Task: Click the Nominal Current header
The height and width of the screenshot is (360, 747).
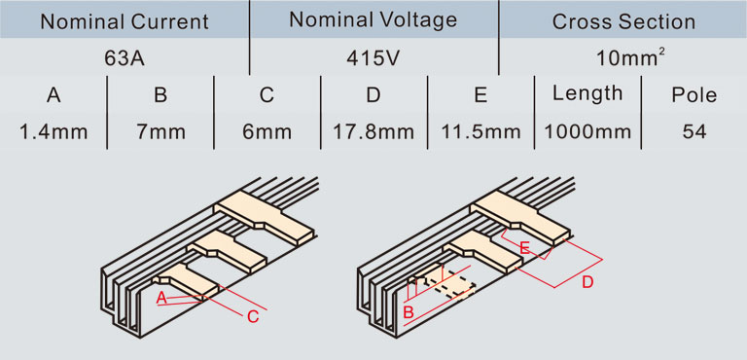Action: [124, 22]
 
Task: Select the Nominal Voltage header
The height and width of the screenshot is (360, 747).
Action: [373, 20]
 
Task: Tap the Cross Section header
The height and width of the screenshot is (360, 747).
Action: [623, 22]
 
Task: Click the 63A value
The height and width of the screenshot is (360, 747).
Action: [124, 58]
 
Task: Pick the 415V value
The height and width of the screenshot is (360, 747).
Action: [373, 58]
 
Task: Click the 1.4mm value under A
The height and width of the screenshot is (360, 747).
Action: [53, 131]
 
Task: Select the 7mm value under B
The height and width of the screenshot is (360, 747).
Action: [160, 131]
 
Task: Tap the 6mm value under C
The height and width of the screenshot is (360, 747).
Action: [267, 131]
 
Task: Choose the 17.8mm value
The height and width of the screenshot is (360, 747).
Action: [373, 131]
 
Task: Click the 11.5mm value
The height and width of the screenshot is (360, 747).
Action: [480, 131]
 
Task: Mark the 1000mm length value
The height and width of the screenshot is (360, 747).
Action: [587, 131]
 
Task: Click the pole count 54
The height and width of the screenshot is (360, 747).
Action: [694, 131]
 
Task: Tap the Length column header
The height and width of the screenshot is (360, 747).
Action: [587, 94]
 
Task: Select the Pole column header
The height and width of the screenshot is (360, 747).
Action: [694, 95]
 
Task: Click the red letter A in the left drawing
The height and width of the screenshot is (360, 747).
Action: [162, 298]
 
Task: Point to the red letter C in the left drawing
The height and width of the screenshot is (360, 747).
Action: [253, 317]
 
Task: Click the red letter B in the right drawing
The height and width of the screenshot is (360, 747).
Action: [409, 313]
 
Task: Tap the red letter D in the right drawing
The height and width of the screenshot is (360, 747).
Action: [587, 283]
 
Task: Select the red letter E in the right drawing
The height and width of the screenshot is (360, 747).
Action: [524, 248]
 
